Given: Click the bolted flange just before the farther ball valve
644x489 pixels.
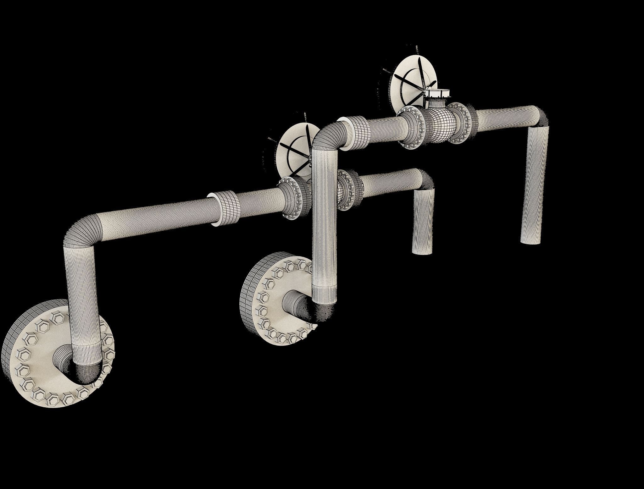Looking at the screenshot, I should click(x=410, y=127).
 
